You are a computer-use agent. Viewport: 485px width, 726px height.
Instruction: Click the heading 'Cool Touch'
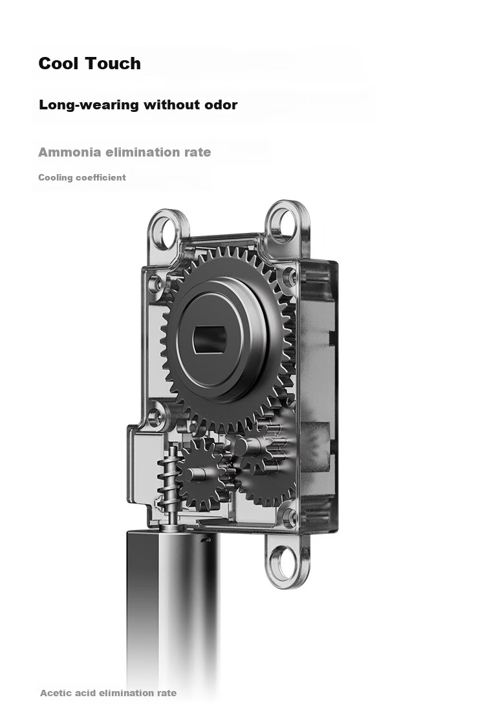click(x=89, y=63)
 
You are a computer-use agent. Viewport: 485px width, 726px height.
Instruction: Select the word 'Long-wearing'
click(x=89, y=105)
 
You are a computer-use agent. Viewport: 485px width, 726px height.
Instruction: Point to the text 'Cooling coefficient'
click(x=82, y=177)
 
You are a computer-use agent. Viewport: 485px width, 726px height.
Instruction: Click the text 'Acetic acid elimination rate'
click(x=108, y=693)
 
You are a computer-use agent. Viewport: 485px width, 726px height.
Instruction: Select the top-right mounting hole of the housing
click(x=283, y=221)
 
